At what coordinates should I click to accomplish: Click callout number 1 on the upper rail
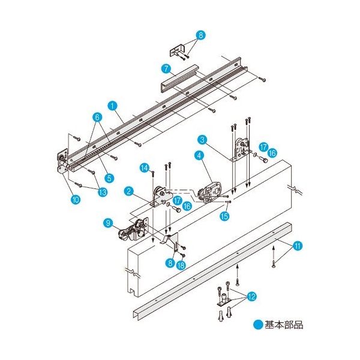(x=112, y=104)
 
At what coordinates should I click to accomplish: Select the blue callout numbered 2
(x=128, y=191)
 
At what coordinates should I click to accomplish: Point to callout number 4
(x=198, y=155)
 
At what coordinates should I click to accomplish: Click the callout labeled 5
(x=109, y=177)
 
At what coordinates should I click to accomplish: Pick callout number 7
(x=165, y=69)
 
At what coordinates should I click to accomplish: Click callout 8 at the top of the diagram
(x=200, y=35)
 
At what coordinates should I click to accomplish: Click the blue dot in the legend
(x=258, y=325)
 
